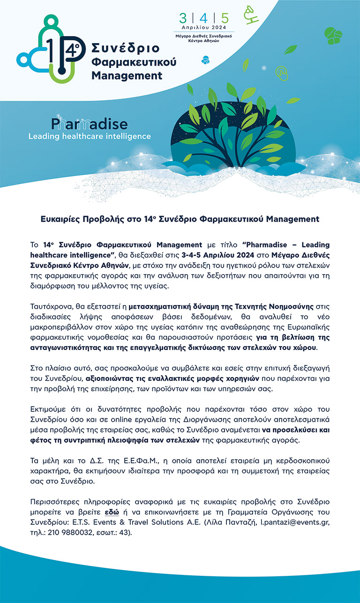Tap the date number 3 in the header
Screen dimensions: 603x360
[183, 18]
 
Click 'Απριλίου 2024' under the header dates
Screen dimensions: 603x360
[204, 28]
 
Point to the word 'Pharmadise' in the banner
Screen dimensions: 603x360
[89, 124]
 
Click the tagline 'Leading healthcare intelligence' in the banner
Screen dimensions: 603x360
[90, 136]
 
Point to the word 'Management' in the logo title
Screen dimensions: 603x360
[127, 75]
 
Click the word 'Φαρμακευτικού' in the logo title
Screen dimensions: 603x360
[134, 62]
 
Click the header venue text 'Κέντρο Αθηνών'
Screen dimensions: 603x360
[204, 40]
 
